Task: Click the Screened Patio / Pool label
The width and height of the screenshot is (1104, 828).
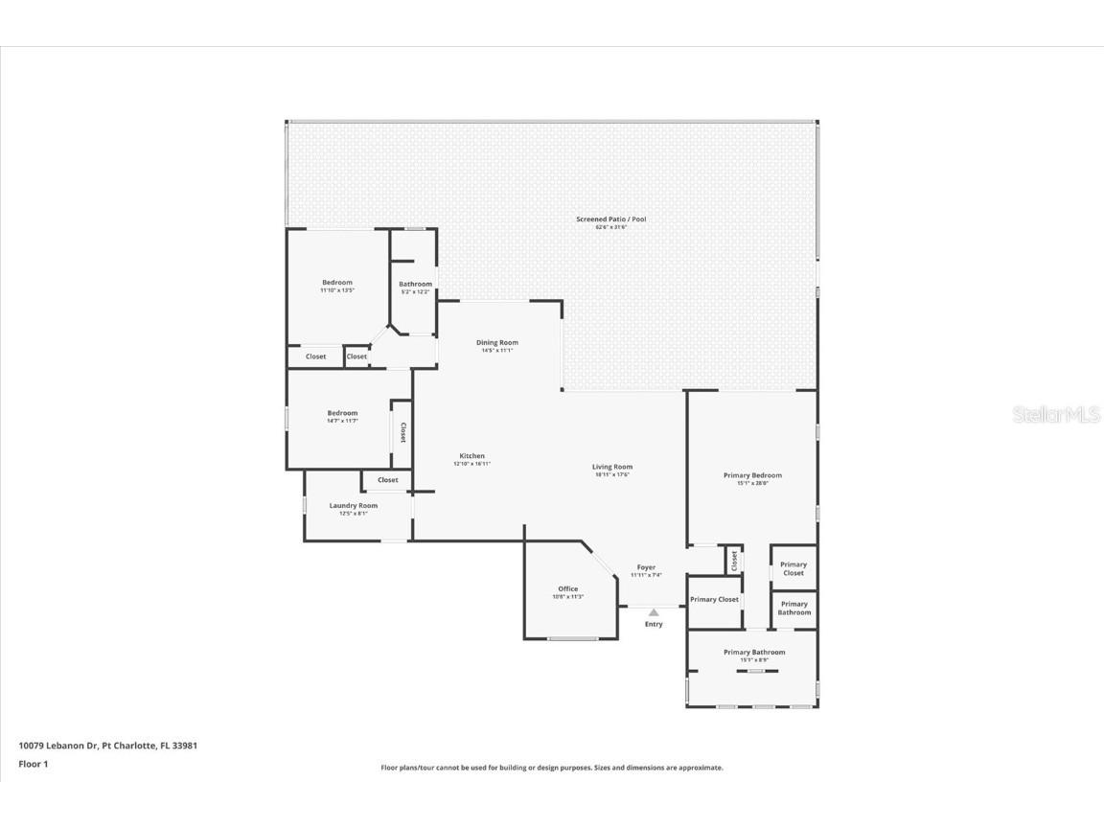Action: (610, 219)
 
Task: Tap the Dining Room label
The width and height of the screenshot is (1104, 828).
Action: (497, 343)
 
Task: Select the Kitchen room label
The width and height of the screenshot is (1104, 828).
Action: (471, 456)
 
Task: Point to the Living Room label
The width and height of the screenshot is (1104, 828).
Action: (611, 467)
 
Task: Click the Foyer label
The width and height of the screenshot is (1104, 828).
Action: (646, 567)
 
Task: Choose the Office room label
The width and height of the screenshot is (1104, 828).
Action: (568, 589)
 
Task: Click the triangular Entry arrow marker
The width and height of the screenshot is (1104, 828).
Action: (654, 612)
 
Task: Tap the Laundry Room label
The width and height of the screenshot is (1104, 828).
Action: (354, 506)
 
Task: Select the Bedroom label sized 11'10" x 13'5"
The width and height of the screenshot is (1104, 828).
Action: (337, 283)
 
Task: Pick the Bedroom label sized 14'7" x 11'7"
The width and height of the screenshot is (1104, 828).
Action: (342, 413)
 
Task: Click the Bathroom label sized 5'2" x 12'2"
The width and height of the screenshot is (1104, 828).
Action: (416, 284)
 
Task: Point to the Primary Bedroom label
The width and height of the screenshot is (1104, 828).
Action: (752, 475)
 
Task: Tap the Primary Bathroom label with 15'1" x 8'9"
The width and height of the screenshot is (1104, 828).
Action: (754, 653)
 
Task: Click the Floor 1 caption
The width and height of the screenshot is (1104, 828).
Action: (33, 764)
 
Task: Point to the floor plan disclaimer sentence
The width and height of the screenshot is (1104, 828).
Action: (552, 768)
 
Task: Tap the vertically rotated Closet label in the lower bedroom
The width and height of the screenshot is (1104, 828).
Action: (403, 433)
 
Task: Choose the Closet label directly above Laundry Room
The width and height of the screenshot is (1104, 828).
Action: (387, 480)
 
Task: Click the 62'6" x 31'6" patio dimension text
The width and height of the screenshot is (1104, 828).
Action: (610, 228)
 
